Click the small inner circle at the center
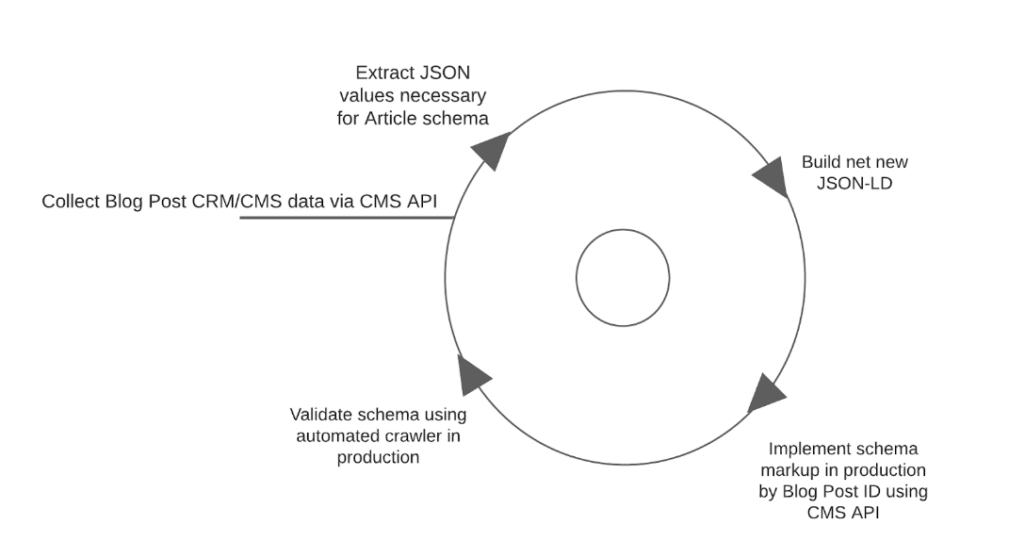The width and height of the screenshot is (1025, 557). pos(623,278)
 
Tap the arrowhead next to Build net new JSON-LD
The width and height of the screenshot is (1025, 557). pos(772,177)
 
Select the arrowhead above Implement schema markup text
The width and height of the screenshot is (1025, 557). pos(766,393)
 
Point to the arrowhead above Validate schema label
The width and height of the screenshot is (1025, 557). pos(472,374)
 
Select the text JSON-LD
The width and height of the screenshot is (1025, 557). pos(854,183)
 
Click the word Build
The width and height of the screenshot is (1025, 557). pos(821,162)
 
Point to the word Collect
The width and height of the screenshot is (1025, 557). pos(72,202)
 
